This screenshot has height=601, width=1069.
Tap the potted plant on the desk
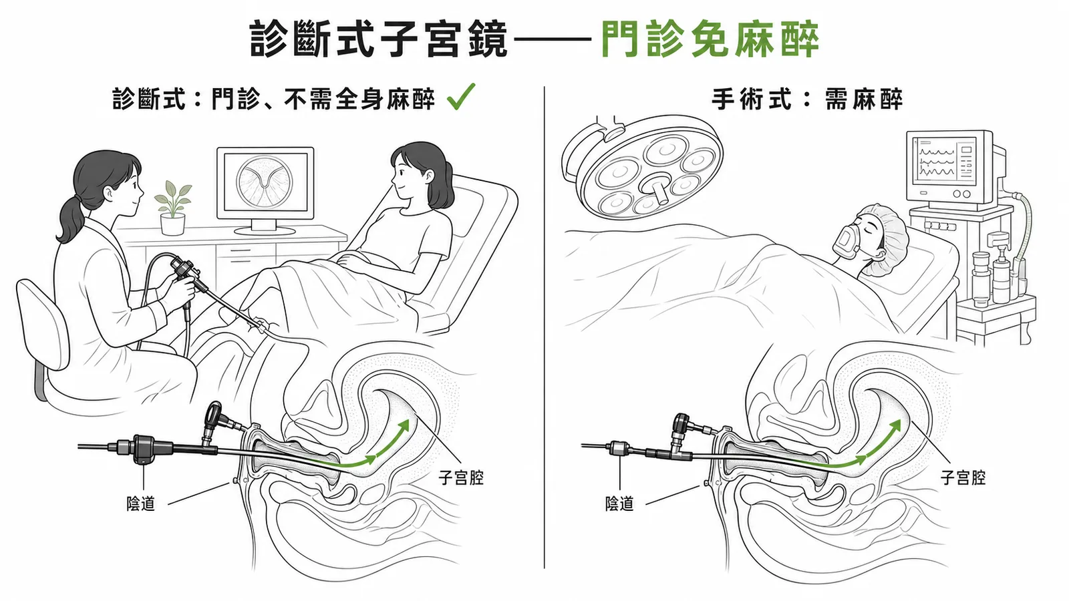[x=173, y=208]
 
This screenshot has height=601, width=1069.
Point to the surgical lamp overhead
[x=643, y=168]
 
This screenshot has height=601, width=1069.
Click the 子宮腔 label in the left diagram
[x=461, y=477]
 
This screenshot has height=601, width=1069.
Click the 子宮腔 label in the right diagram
[x=963, y=477]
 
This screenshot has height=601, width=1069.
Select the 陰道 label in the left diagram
[x=141, y=504]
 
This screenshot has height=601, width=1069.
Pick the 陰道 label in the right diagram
[x=619, y=504]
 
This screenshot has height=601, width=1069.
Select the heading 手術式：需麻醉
[x=807, y=100]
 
